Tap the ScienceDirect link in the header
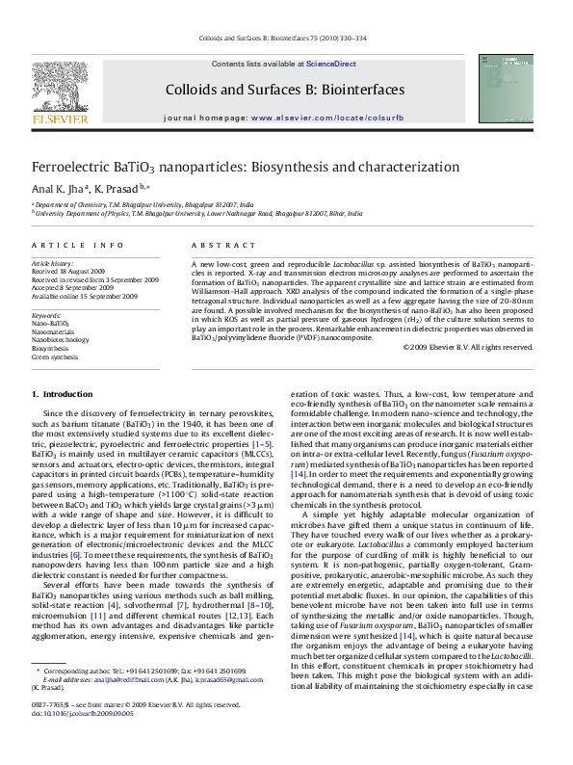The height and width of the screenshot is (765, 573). (x=330, y=64)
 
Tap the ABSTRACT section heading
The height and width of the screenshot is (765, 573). (x=215, y=247)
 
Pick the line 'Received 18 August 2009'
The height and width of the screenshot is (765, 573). (x=70, y=271)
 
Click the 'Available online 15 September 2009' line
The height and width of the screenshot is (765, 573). (x=84, y=294)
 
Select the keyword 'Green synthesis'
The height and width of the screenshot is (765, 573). (x=56, y=356)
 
